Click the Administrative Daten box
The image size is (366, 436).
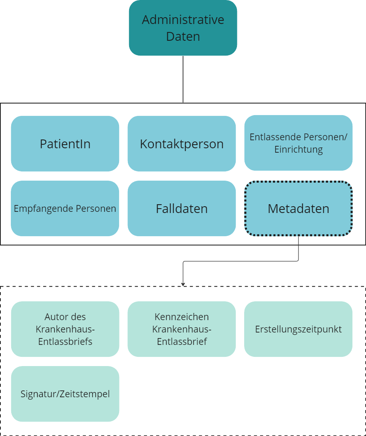183,28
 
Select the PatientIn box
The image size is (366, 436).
65,144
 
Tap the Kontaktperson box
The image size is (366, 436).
182,144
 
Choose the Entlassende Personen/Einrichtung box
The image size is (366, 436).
298,143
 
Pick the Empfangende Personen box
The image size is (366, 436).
65,208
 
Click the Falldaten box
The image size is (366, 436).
182,208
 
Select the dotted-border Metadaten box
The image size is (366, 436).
298,208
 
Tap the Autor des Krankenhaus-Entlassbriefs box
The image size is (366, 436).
65,329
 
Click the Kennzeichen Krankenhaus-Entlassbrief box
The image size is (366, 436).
182,329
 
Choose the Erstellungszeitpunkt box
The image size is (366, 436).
298,329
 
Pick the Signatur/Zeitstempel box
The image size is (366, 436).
65,394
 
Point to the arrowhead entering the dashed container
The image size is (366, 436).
183,284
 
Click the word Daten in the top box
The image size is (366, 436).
183,37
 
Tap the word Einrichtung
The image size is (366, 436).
298,150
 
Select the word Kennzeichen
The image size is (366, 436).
182,317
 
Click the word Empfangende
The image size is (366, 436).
38,209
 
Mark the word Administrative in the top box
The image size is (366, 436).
183,20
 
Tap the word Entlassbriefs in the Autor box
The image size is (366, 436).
65,342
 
